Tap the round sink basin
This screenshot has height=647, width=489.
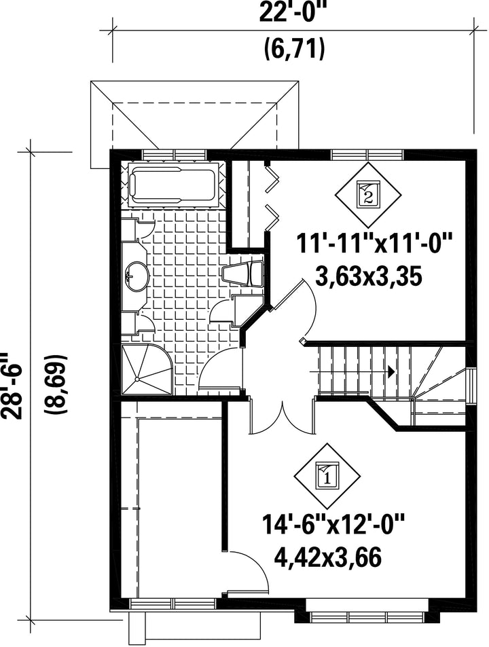tap(137, 275)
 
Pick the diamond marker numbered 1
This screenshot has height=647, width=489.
tap(327, 475)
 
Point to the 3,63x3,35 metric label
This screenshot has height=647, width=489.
tap(369, 276)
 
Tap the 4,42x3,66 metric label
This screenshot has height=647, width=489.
tap(328, 559)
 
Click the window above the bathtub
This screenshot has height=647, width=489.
tap(174, 154)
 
